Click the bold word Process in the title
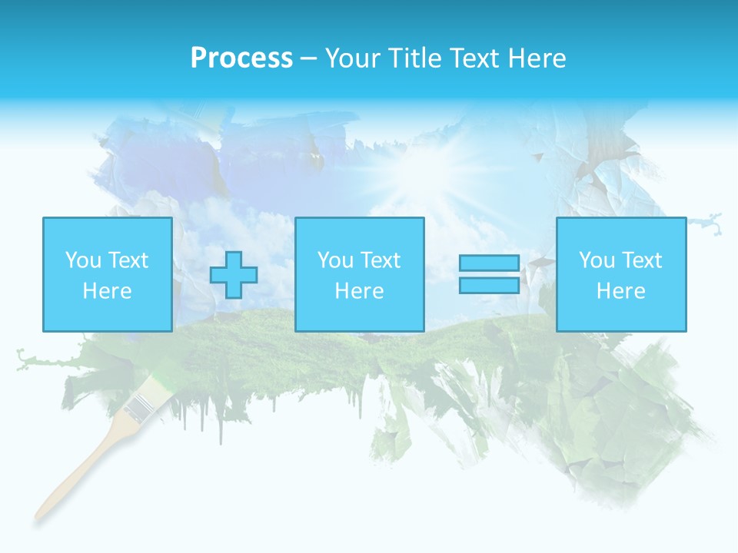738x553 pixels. tap(241, 58)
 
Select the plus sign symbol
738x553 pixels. tap(234, 275)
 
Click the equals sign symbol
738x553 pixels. tap(489, 274)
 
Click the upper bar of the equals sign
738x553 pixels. tap(489, 263)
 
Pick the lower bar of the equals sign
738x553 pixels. tap(489, 285)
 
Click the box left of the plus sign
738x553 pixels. tap(107, 274)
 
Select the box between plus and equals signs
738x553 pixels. tap(359, 274)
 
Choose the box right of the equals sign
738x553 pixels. tap(620, 274)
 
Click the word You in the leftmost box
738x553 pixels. tap(82, 260)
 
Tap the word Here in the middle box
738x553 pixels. tap(359, 291)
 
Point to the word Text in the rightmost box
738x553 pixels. tap(643, 260)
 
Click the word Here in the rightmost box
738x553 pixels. tap(620, 291)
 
